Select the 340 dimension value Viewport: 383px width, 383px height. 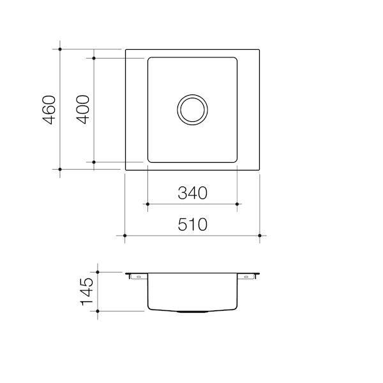(192, 192)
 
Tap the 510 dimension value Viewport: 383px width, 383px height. (192, 224)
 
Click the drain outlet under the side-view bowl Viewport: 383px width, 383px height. (192, 312)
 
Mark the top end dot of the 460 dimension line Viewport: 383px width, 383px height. (59, 49)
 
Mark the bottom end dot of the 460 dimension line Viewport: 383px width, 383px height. (59, 169)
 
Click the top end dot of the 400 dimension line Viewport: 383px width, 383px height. (94, 58)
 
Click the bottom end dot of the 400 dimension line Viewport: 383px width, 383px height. (94, 163)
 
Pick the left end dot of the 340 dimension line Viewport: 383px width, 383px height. (147, 204)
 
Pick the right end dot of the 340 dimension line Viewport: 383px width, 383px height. (237, 204)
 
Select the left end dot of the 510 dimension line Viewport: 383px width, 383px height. (125, 236)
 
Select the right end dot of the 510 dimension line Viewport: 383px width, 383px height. (260, 236)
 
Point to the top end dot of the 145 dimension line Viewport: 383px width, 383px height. (97, 271)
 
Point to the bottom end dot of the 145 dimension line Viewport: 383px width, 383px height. (97, 310)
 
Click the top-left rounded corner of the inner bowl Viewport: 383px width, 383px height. (151, 60)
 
